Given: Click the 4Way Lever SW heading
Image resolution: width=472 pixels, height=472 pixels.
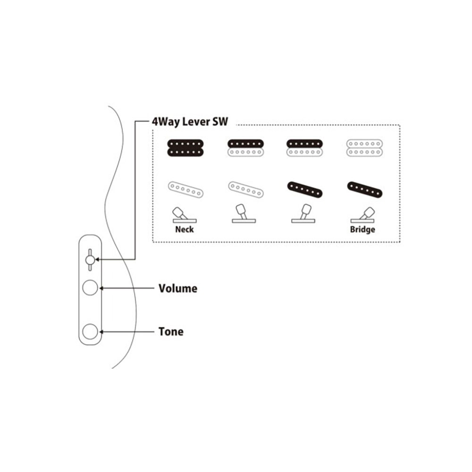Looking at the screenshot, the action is [190, 122].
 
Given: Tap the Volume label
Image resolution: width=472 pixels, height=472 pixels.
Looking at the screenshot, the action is [178, 288].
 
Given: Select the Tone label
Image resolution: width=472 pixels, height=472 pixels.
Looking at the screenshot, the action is [171, 332].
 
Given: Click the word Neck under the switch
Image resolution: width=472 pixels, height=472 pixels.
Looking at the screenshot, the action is [185, 229].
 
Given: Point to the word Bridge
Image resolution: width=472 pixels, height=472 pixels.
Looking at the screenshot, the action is [362, 229].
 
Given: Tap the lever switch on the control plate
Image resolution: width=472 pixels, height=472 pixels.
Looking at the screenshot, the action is [90, 260].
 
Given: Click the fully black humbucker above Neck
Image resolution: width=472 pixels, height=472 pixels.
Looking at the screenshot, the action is [185, 148].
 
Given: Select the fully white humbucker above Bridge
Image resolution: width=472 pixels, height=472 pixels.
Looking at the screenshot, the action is [364, 148].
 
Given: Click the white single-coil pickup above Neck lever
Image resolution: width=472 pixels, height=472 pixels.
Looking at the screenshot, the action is [185, 189].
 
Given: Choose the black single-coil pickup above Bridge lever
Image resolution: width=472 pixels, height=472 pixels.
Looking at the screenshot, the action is [365, 190].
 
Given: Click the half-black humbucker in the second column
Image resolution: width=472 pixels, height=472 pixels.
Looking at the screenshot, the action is [245, 148].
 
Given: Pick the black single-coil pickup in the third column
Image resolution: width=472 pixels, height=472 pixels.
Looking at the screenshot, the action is [305, 190].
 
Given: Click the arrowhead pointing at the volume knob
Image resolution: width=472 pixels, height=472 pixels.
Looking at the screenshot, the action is [101, 288].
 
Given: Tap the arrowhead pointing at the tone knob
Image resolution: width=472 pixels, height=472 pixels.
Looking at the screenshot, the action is [101, 332].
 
